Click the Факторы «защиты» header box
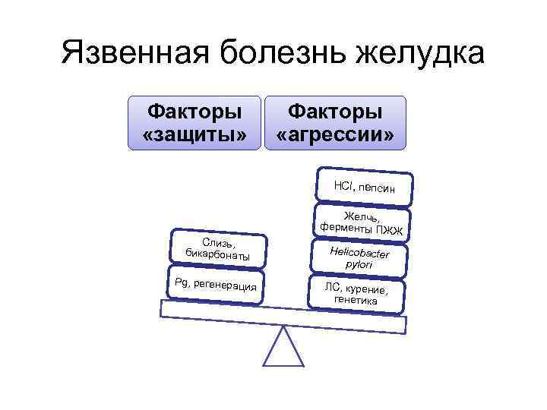click(x=194, y=123)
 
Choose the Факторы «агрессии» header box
click(x=335, y=123)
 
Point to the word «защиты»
click(x=194, y=135)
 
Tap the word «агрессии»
click(x=335, y=135)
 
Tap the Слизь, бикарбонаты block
click(x=218, y=248)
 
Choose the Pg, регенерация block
click(x=216, y=284)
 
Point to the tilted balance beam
click(x=283, y=314)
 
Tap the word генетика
click(x=356, y=301)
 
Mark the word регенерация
click(x=226, y=285)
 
